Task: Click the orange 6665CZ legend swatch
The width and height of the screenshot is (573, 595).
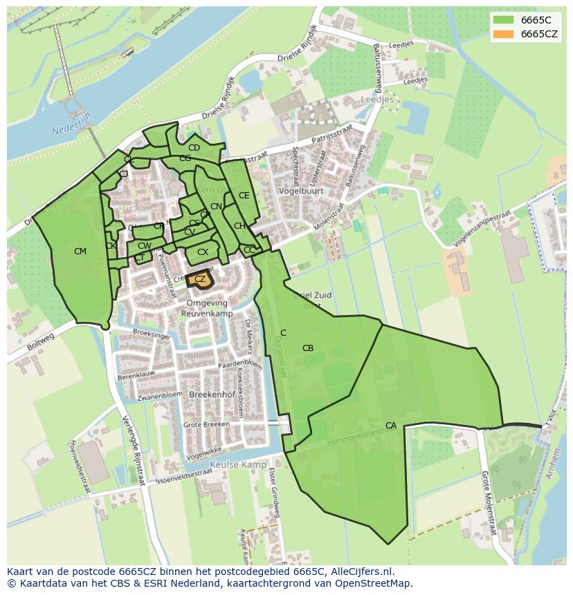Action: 503,34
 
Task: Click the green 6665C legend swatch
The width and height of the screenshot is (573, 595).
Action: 503,19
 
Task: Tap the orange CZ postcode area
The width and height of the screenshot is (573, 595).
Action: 200,279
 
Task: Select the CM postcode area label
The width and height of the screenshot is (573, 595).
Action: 80,252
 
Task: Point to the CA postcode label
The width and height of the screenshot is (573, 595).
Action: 391,426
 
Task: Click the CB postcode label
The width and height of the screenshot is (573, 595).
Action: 308,348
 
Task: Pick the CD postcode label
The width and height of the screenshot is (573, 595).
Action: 194,148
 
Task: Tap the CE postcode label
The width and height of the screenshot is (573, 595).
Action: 244,196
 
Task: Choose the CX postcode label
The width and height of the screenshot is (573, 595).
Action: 203,252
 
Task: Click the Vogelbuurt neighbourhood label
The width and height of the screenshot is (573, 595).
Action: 298,190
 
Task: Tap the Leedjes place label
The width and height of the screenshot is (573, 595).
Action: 377,100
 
